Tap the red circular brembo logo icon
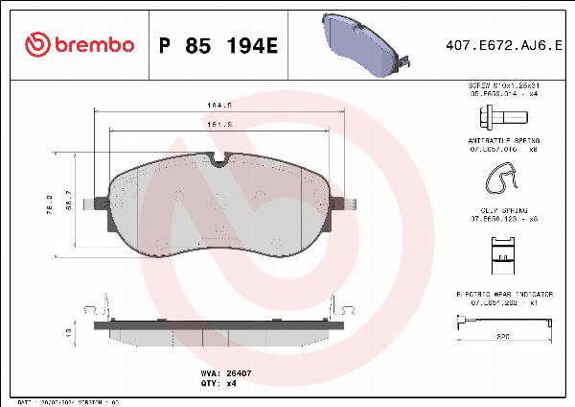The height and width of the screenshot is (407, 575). pos(35,45)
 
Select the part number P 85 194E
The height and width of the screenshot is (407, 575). pos(217,45)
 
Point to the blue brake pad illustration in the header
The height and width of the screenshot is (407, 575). pos(361,44)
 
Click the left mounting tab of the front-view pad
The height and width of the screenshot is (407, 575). pos(94,203)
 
